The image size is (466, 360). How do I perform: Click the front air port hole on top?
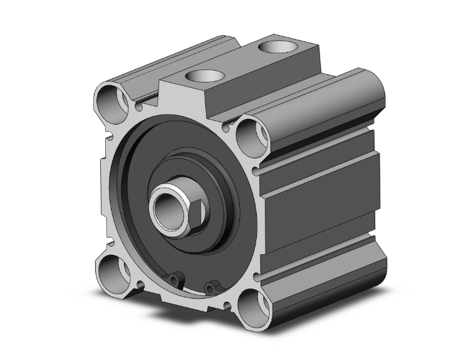coord(206,76)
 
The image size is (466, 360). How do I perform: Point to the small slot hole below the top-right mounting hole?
coord(257,169)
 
